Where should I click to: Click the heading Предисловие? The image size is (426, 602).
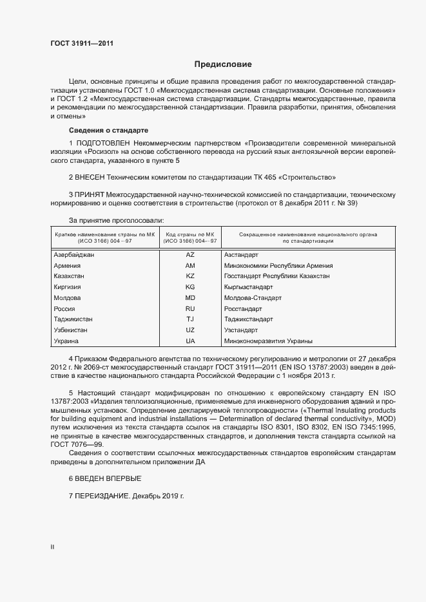(x=224, y=64)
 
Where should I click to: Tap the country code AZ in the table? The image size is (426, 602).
(x=189, y=255)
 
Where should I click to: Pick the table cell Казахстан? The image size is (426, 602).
(x=70, y=276)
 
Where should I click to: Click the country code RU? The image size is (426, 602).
(x=189, y=308)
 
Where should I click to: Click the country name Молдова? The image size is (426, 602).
(x=68, y=298)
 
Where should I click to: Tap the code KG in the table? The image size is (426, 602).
(x=189, y=287)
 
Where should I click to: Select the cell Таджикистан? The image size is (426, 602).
(x=73, y=319)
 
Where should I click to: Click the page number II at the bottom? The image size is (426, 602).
(x=52, y=547)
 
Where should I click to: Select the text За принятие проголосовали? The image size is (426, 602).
(x=116, y=220)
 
